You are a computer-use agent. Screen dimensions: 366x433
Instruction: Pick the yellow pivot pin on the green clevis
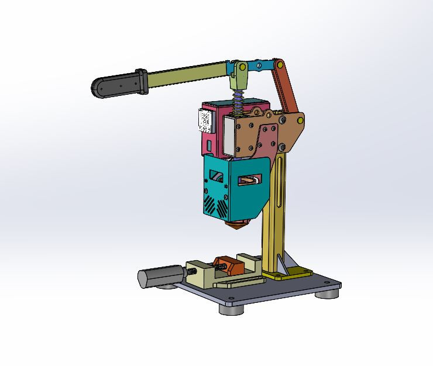pyautogui.click(x=240, y=67)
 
